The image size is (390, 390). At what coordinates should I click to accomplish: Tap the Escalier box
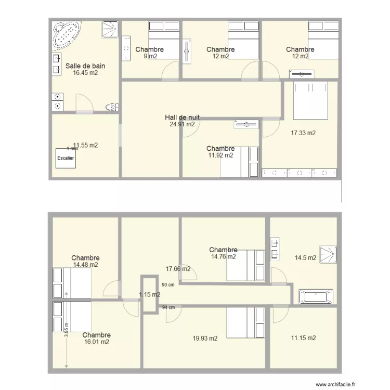tap(66, 158)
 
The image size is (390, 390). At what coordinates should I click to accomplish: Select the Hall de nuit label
tap(182, 118)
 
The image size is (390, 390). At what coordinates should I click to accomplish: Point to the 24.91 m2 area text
tap(182, 124)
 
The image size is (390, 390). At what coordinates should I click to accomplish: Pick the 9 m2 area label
tap(150, 56)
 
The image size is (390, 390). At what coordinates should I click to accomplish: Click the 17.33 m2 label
tap(303, 133)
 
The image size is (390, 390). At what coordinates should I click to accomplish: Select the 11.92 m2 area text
tap(220, 155)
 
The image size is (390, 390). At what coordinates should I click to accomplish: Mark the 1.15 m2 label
tap(150, 295)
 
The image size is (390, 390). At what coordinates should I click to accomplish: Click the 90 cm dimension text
tap(168, 285)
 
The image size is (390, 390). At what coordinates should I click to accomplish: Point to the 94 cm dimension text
tap(168, 307)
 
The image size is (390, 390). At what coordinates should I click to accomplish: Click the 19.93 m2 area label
tap(205, 338)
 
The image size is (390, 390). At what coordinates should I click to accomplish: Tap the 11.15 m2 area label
tap(303, 338)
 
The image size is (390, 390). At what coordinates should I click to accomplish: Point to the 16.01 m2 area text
tap(96, 342)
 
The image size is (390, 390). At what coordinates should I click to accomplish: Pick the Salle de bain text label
tap(85, 66)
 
